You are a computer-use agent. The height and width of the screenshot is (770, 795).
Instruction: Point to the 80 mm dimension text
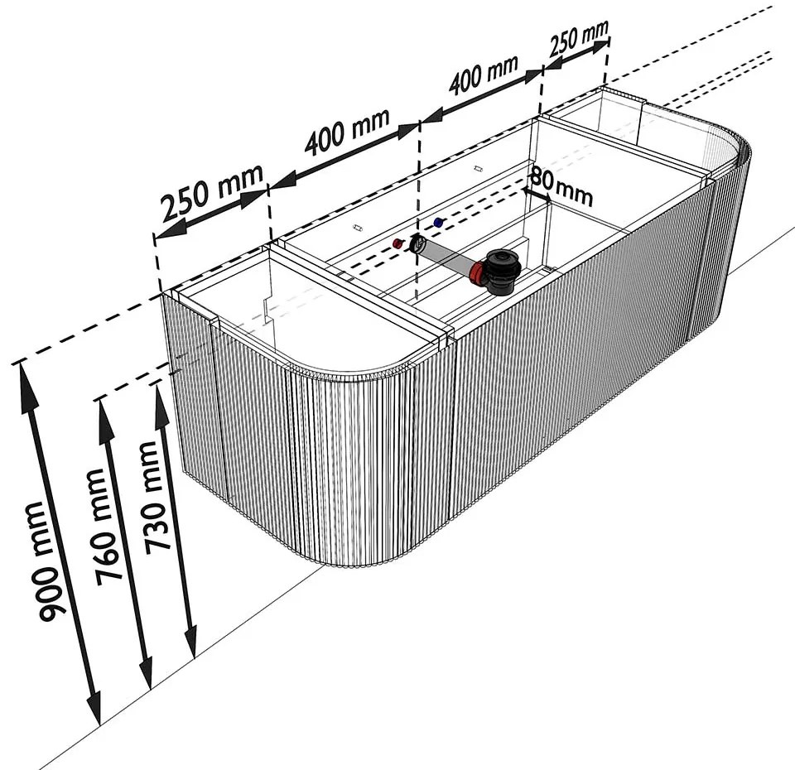click(x=561, y=185)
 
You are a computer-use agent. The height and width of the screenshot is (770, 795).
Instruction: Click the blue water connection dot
click(x=438, y=222)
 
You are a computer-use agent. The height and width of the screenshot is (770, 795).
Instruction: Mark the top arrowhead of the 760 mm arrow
click(x=105, y=413)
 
